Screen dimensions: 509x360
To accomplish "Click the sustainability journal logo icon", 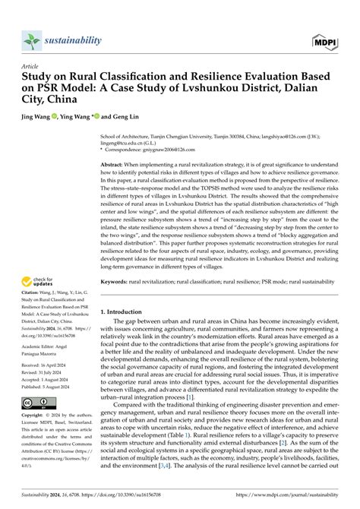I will (31, 40).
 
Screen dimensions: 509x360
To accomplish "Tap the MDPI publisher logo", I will (323, 39).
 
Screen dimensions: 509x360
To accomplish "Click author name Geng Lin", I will (125, 119).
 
